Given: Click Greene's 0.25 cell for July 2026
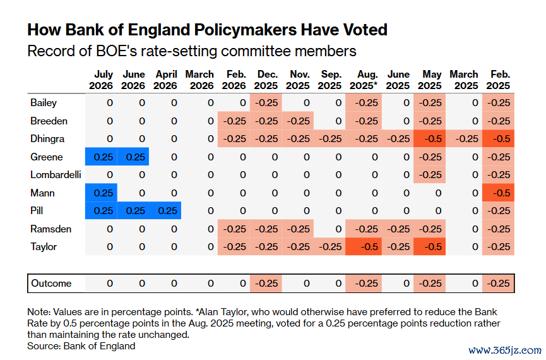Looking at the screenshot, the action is (x=101, y=157).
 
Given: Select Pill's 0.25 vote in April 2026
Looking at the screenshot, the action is (x=165, y=210).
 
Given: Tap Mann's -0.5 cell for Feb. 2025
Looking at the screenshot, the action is (x=498, y=193).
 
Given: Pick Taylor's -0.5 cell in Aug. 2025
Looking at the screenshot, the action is (x=364, y=246).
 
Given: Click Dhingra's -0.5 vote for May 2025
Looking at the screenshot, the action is (x=429, y=138).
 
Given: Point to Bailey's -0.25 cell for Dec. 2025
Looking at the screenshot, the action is (x=266, y=102).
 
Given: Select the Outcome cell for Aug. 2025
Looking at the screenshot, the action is (x=364, y=284).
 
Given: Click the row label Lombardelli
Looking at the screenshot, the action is (x=56, y=174).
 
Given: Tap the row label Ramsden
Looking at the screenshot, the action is (x=51, y=229).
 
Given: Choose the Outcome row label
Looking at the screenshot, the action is (x=51, y=284).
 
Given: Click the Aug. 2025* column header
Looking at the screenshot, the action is (x=364, y=80).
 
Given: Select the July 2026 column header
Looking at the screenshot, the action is (x=101, y=80).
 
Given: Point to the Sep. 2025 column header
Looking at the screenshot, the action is (x=329, y=80).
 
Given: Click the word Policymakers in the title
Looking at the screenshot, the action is (x=246, y=30).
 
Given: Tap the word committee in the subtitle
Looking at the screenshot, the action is (x=258, y=51).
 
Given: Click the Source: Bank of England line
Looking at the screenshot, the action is (x=81, y=345).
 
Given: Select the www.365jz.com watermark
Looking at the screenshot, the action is (x=504, y=350).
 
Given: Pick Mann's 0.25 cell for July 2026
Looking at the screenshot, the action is (x=101, y=193).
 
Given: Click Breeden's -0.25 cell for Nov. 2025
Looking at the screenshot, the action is (x=298, y=121).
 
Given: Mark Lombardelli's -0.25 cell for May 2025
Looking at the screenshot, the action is (x=429, y=174).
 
